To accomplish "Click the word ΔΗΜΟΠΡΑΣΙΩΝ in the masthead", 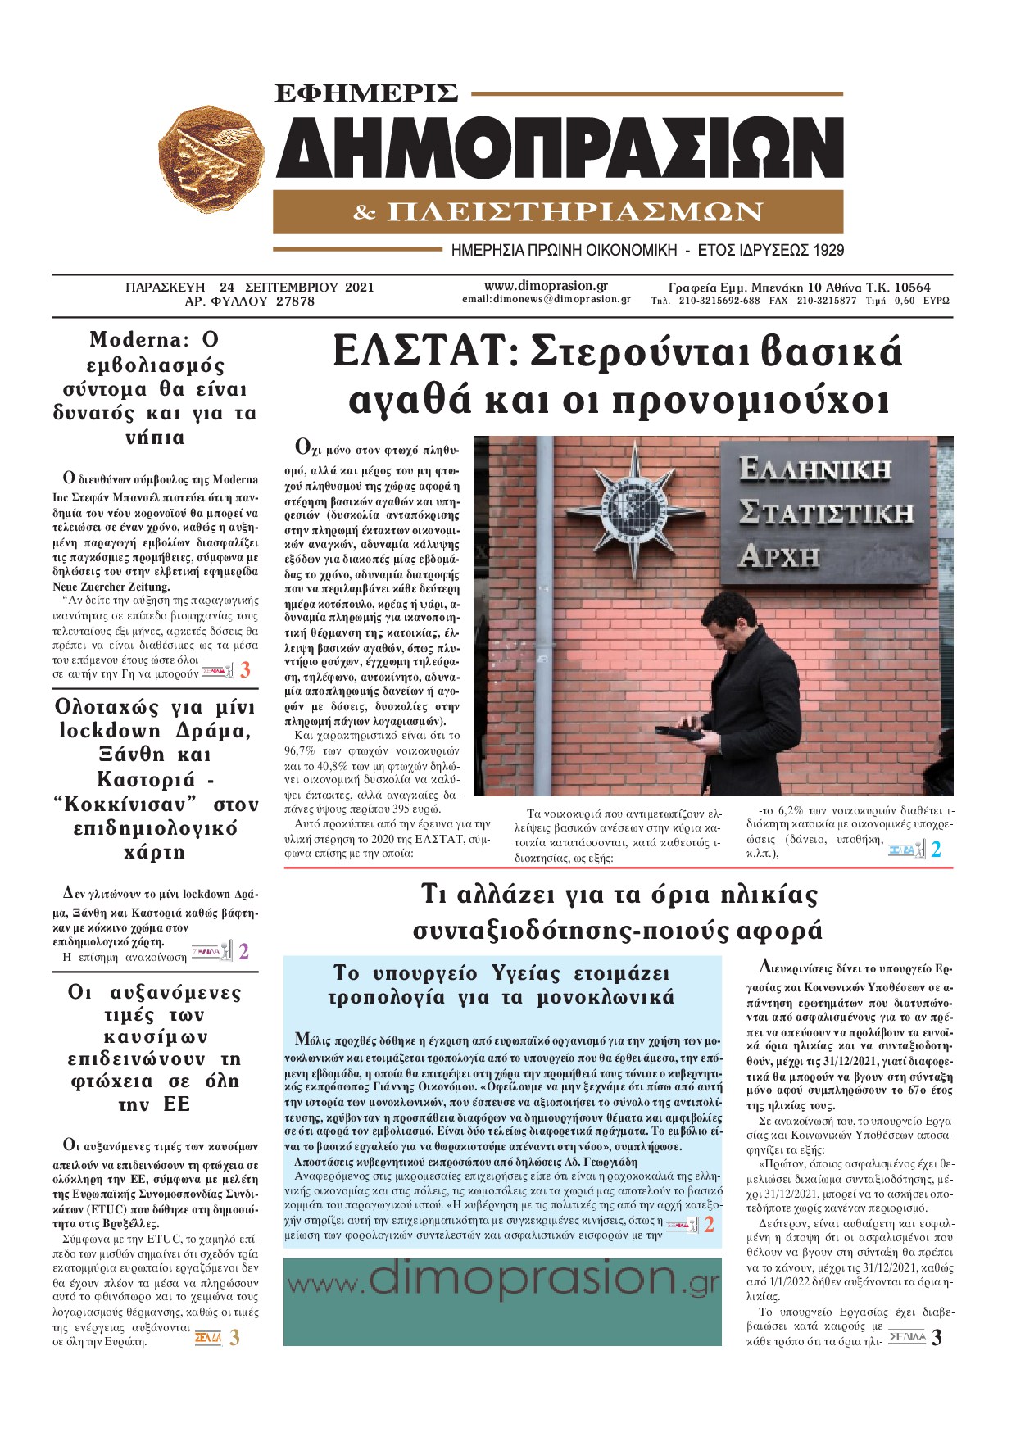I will [560, 148].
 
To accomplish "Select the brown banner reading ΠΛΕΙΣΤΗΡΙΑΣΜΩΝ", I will [558, 212].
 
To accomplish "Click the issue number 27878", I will [295, 301].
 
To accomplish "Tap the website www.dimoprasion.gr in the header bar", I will [546, 286].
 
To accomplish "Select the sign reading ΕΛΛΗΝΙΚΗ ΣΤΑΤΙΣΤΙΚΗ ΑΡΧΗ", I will [825, 514].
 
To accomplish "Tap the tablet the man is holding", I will [683, 733].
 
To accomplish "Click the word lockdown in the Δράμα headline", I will [110, 731].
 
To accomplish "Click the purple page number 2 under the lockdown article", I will [243, 952].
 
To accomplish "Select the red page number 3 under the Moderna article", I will [245, 670].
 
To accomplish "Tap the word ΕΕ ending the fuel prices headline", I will [176, 1104].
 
